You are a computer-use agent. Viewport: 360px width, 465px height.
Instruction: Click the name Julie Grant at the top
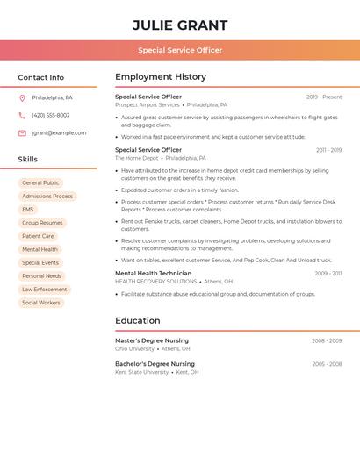180,25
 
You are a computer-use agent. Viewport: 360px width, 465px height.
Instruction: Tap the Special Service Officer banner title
180,50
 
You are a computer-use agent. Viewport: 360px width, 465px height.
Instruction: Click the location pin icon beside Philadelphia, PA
22,97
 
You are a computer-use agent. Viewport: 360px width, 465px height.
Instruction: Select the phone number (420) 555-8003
50,115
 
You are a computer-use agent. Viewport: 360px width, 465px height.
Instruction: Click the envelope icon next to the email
22,133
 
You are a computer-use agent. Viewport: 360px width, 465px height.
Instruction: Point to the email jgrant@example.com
59,133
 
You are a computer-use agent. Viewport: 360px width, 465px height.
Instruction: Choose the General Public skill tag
40,183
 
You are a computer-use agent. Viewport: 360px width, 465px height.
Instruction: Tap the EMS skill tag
28,210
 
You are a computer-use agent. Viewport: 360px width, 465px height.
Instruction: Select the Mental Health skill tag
40,249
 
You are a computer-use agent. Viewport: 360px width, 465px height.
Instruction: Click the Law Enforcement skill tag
44,290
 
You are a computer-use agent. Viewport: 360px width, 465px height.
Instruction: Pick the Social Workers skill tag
41,303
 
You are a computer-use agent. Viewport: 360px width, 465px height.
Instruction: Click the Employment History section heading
161,77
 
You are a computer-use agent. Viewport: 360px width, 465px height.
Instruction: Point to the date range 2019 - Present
324,97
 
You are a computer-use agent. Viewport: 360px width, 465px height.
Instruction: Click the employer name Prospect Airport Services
147,104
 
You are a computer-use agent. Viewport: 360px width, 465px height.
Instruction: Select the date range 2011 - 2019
328,150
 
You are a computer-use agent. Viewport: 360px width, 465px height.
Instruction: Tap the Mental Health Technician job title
153,273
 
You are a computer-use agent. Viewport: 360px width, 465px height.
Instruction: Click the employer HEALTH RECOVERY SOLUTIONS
155,282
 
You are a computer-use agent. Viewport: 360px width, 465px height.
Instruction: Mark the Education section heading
137,321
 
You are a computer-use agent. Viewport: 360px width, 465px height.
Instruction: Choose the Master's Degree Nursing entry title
155,340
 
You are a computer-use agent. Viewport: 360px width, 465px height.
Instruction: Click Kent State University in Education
141,372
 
